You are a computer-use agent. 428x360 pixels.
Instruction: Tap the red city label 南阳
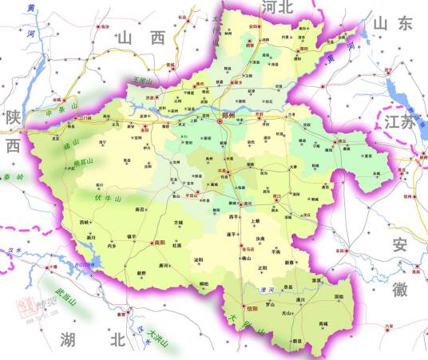click(x=159, y=242)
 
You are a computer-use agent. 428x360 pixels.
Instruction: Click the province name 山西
click(x=140, y=38)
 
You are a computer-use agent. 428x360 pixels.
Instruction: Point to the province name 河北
click(x=278, y=8)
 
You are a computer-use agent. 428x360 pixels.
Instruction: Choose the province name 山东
click(x=393, y=25)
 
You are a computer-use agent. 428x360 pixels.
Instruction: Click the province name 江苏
click(x=399, y=122)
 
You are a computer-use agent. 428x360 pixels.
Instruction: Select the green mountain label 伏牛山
click(x=107, y=198)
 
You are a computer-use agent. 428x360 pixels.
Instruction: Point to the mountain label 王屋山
click(x=143, y=81)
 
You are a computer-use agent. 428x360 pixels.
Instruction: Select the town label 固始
click(x=339, y=297)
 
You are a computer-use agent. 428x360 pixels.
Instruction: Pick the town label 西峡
click(x=85, y=221)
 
